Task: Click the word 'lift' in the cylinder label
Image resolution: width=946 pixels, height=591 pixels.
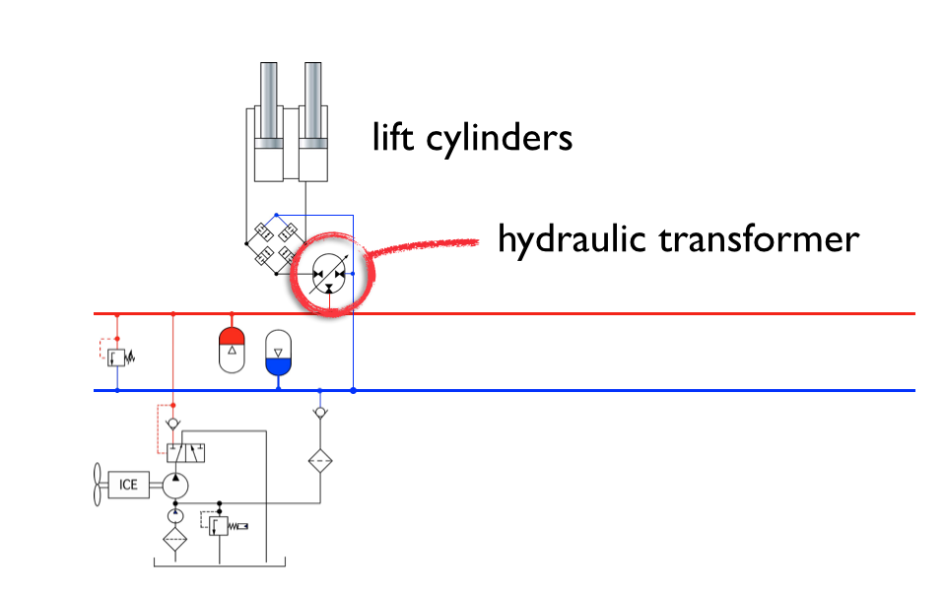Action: point(393,137)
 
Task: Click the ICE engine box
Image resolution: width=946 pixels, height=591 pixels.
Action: point(129,485)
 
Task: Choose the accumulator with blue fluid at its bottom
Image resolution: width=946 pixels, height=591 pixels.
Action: point(279,355)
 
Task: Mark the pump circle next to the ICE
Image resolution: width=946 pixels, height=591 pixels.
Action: point(174,485)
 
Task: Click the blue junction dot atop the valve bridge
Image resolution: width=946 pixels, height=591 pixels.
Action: point(277,214)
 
